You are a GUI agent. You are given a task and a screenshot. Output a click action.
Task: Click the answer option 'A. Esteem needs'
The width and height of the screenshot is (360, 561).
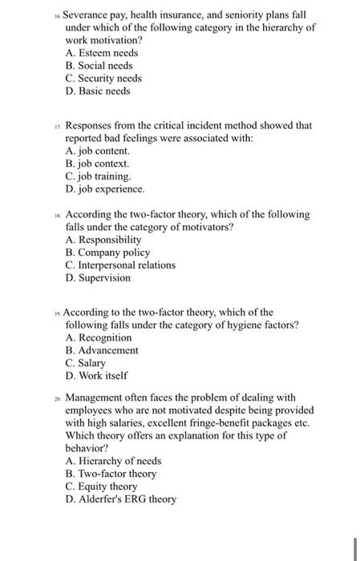[x=102, y=53]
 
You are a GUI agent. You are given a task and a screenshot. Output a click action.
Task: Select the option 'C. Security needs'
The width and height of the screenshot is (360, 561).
[x=103, y=79]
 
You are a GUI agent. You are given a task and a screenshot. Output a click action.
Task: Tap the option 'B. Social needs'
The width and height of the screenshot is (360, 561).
[x=99, y=66]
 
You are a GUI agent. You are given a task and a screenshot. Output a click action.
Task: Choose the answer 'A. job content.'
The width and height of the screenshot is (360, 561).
[x=98, y=150]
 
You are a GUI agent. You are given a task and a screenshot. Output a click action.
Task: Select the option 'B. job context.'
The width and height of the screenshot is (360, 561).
[x=99, y=163]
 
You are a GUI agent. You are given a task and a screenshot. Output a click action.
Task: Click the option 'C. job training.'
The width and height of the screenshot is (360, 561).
[x=98, y=176]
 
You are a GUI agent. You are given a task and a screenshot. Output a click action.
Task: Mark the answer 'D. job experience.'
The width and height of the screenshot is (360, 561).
[x=105, y=189]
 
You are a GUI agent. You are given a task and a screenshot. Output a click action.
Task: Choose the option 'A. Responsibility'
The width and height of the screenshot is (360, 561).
[x=103, y=240]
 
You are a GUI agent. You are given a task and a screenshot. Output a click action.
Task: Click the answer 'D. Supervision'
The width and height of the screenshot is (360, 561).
[x=98, y=278]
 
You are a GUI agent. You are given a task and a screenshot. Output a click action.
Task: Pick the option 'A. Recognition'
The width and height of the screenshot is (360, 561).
[x=99, y=337]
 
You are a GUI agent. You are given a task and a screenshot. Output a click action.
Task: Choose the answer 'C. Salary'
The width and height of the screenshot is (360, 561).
[x=86, y=363]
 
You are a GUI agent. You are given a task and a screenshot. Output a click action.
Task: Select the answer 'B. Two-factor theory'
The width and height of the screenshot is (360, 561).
[x=113, y=474]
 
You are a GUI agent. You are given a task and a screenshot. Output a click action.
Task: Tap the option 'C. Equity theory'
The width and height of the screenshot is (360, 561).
[x=102, y=486]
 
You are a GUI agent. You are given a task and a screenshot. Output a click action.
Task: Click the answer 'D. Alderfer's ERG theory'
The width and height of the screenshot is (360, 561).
[x=121, y=499]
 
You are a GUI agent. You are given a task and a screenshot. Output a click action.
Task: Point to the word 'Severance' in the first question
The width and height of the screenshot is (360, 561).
[x=87, y=14]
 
